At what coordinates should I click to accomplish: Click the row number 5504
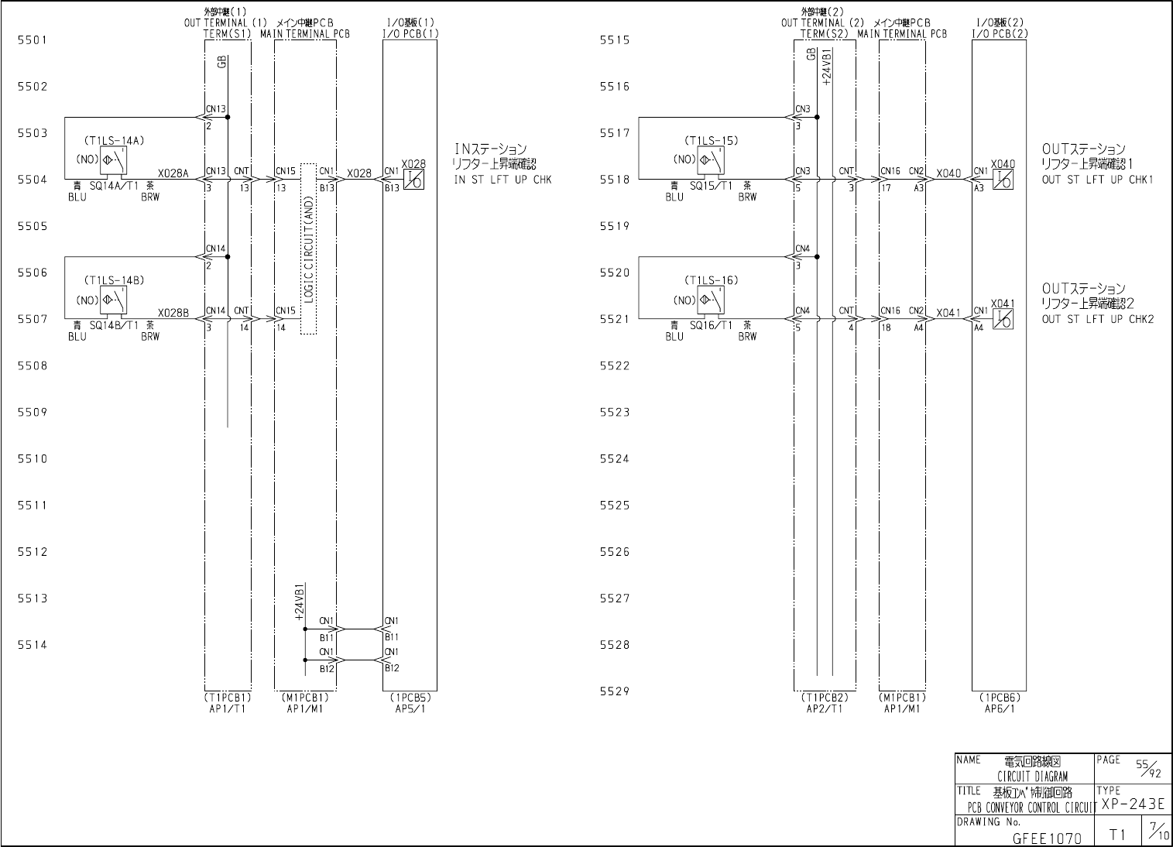tap(33, 180)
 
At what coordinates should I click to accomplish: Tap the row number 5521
tap(615, 319)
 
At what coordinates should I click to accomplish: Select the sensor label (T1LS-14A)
tap(114, 141)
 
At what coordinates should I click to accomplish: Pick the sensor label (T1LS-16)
tap(711, 280)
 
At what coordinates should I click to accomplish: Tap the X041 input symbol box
tap(1003, 320)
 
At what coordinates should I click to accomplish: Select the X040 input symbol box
tap(1003, 180)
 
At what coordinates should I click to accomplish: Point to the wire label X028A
tap(173, 173)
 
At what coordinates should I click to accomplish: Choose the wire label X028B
tap(173, 313)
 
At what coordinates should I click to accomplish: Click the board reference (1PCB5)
tap(410, 697)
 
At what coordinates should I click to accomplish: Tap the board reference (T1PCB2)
tap(825, 697)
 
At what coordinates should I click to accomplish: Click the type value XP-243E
tap(1133, 804)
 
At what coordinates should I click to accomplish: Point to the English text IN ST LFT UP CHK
tap(502, 180)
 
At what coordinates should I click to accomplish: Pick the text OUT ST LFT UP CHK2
tap(1097, 319)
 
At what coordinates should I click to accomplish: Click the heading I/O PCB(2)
tap(1000, 34)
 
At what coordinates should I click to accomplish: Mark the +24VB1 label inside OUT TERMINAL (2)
tap(826, 67)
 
